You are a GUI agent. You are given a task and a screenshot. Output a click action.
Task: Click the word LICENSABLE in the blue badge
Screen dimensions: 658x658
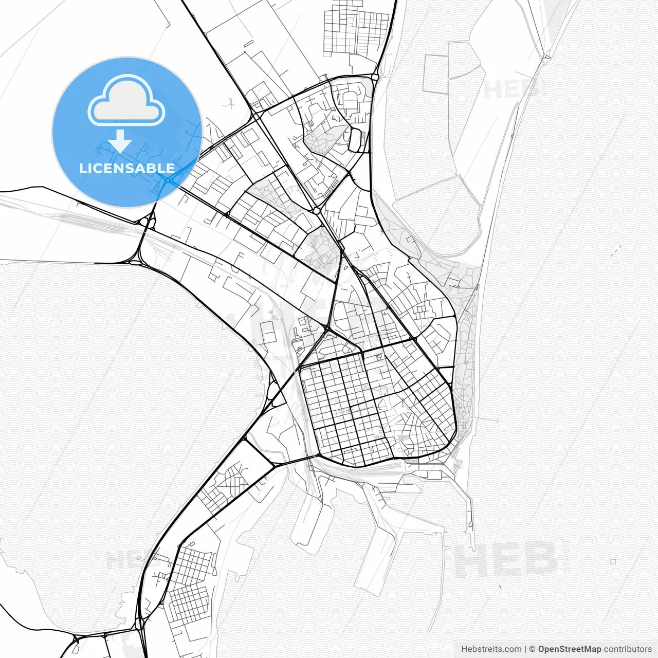point(126,168)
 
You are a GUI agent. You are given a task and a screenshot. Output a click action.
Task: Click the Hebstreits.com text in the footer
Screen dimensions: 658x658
point(491,649)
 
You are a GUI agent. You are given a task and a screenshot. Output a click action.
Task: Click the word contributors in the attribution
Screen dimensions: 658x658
point(628,649)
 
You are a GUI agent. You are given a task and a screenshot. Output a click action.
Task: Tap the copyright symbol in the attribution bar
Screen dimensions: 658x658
point(533,649)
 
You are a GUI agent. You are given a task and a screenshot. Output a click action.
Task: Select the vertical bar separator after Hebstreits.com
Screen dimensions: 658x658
point(526,649)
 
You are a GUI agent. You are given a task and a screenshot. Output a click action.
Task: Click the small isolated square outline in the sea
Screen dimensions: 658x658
point(613,562)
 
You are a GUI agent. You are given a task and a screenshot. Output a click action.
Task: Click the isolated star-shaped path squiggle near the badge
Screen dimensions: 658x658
point(230,104)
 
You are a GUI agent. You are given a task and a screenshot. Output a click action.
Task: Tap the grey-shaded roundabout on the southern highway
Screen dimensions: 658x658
point(139,624)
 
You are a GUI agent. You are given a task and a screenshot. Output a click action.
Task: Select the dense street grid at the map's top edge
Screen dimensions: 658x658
point(355,28)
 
